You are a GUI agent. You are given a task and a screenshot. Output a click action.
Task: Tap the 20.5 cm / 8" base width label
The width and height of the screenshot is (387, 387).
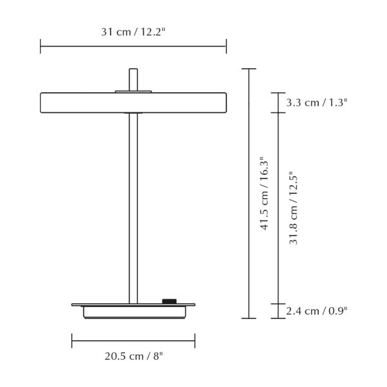(134, 355)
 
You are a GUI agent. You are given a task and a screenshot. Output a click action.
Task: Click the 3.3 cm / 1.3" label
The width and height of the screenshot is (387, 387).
(317, 103)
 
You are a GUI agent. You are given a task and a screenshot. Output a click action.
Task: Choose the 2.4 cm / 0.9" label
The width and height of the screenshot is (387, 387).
(317, 311)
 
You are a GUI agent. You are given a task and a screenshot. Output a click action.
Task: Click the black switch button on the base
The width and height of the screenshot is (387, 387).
(170, 301)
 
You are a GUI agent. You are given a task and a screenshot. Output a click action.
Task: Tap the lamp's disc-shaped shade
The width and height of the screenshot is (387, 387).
(77, 103)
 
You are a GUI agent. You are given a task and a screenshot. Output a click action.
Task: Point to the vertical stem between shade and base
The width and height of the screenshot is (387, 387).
(133, 206)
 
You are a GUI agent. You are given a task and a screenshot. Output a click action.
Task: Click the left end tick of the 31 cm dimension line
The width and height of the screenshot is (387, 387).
(41, 46)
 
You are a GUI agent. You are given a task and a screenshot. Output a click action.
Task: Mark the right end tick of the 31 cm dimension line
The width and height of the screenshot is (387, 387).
(226, 46)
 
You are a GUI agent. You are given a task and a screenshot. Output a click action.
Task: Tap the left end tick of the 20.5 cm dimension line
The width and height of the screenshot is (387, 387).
(72, 340)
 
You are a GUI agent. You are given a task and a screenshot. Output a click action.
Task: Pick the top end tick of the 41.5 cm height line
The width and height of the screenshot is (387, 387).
(248, 68)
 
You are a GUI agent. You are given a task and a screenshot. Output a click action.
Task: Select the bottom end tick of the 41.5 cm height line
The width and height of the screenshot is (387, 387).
(248, 318)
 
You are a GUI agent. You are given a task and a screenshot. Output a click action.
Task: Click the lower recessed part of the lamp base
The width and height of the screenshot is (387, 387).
(133, 312)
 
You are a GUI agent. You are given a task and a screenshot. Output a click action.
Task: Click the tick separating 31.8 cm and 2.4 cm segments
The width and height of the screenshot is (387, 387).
(278, 303)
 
